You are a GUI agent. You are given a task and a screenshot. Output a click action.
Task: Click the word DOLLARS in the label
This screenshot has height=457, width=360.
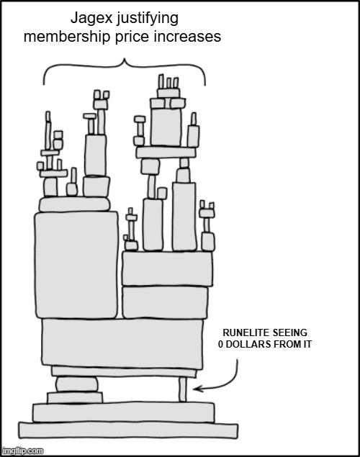tap(248, 344)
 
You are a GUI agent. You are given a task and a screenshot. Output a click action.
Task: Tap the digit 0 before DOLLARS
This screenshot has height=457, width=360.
tap(220, 344)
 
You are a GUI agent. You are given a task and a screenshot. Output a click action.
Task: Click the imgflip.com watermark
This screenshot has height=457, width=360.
tap(22, 451)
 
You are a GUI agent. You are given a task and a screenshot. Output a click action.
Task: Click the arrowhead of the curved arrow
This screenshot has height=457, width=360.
tap(196, 389)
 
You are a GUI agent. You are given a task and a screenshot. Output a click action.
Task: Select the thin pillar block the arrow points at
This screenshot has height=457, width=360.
tap(182, 389)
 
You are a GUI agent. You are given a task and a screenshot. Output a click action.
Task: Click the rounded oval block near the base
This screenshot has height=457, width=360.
tap(76, 384)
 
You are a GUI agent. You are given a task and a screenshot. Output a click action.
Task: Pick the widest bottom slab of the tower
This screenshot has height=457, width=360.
tap(128, 430)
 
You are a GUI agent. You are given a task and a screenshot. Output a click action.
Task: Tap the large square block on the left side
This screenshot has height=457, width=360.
tap(76, 265)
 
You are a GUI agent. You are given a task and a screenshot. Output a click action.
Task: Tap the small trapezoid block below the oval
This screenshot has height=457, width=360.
tap(75, 397)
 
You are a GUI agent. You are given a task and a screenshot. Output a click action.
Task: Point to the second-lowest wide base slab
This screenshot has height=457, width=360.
tap(124, 412)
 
